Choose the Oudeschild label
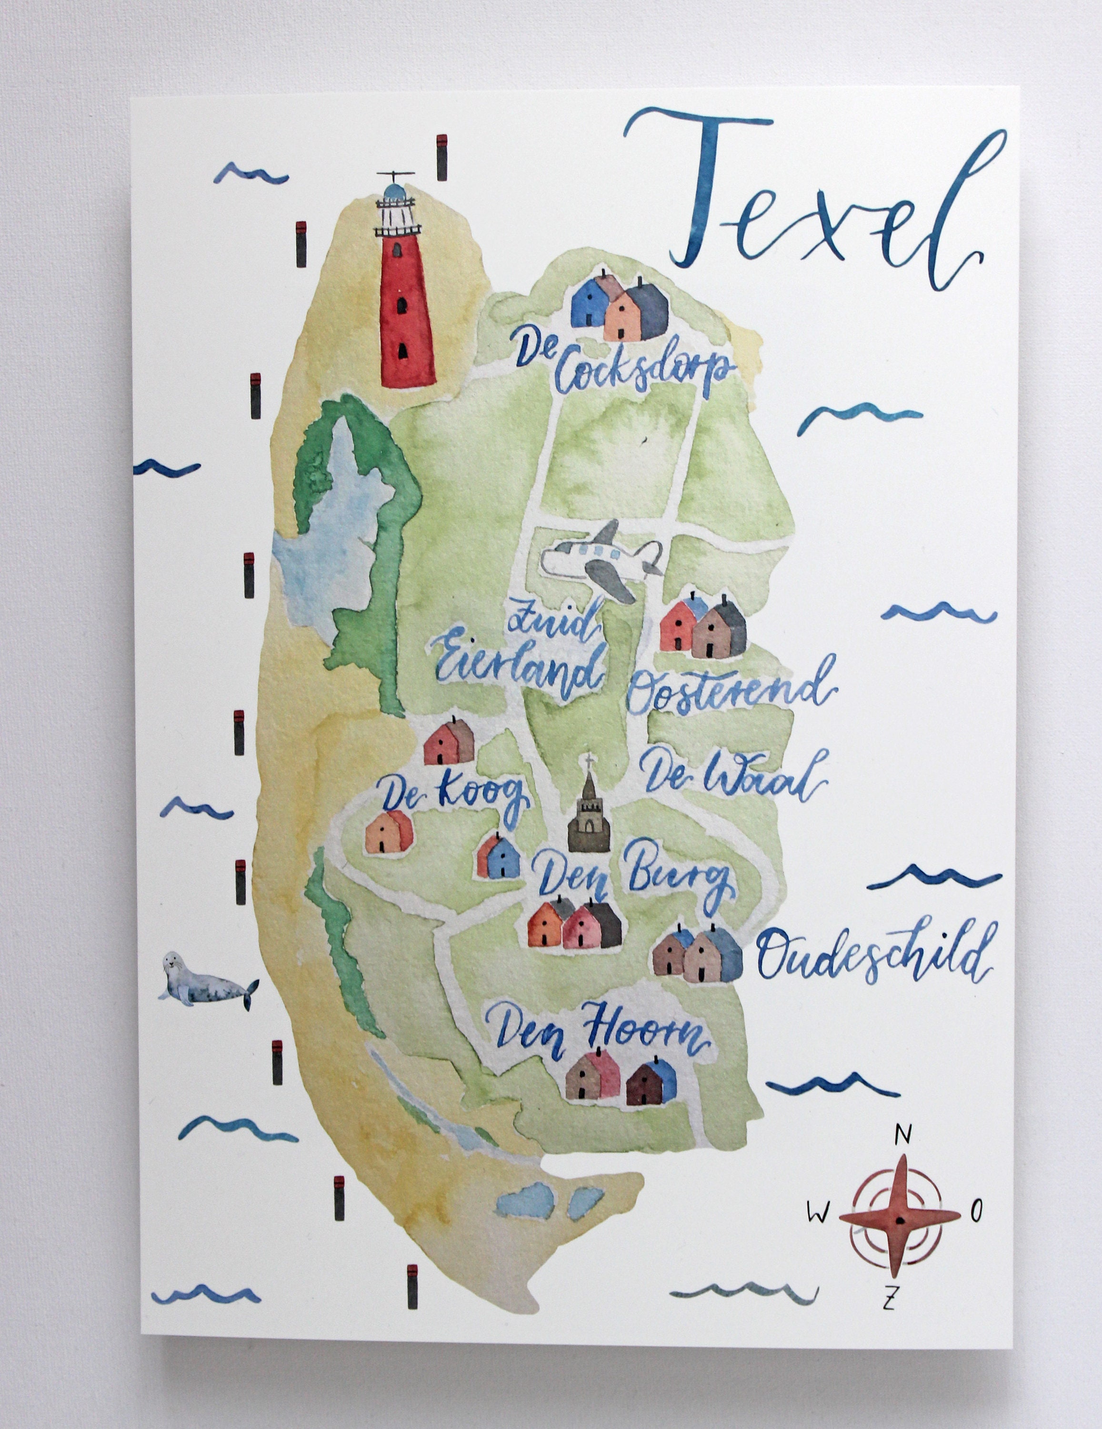(873, 958)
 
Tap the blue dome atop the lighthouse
(394, 191)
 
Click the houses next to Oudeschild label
(697, 954)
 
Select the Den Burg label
(631, 880)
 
